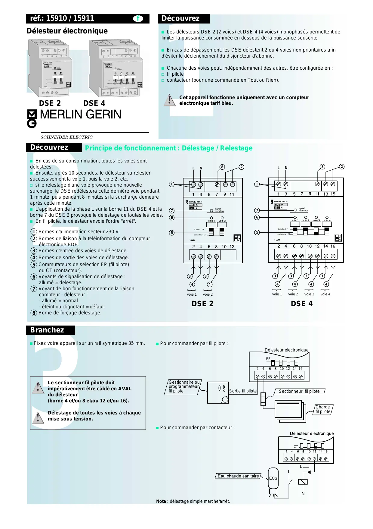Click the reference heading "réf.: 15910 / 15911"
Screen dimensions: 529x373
click(62, 18)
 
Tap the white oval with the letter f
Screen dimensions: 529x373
click(138, 19)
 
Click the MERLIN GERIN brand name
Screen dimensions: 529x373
click(80, 115)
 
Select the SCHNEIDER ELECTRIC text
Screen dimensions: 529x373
click(67, 137)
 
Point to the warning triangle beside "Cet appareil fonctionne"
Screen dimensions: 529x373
click(170, 100)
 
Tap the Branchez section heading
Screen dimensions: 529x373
click(47, 330)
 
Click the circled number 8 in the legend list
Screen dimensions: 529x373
click(34, 313)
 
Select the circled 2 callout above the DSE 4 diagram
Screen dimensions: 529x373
click(341, 167)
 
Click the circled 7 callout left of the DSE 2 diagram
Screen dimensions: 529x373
click(172, 211)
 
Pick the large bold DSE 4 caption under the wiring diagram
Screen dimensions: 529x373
click(302, 304)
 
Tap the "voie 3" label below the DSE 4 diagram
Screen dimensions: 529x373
click(309, 294)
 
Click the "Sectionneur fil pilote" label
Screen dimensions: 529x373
click(299, 391)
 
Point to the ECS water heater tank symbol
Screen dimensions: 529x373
click(273, 478)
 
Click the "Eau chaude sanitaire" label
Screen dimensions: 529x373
click(238, 476)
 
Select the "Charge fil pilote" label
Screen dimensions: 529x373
click(323, 409)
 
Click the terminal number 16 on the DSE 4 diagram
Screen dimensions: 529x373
click(333, 246)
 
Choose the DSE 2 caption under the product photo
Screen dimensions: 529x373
click(50, 103)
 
